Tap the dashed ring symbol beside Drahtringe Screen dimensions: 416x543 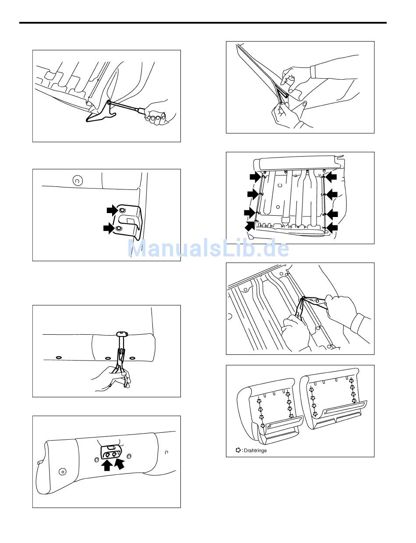(x=238, y=450)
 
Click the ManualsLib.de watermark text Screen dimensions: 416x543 (x=208, y=249)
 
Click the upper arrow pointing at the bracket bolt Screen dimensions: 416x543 (x=112, y=210)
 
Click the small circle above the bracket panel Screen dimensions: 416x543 (x=77, y=180)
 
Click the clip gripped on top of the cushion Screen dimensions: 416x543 (x=122, y=334)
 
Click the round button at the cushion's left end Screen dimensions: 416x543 (x=62, y=472)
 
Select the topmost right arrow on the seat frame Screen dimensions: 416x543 (x=332, y=176)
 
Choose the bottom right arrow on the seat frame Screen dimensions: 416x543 (x=332, y=227)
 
